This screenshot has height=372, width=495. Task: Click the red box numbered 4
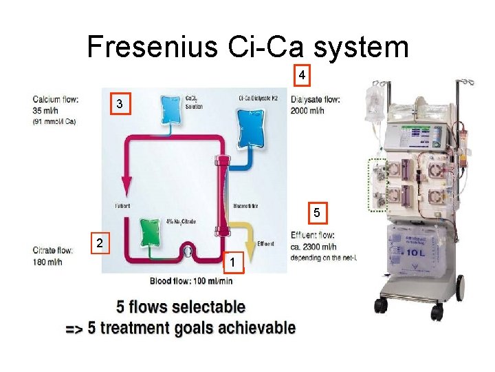tap(302, 74)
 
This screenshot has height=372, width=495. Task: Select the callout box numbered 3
tap(120, 105)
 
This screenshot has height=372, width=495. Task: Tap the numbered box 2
tap(100, 243)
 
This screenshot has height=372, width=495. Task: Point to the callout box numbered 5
tap(317, 213)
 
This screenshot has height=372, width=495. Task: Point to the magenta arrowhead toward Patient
tap(126, 184)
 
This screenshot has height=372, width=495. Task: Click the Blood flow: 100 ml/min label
tap(191, 280)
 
